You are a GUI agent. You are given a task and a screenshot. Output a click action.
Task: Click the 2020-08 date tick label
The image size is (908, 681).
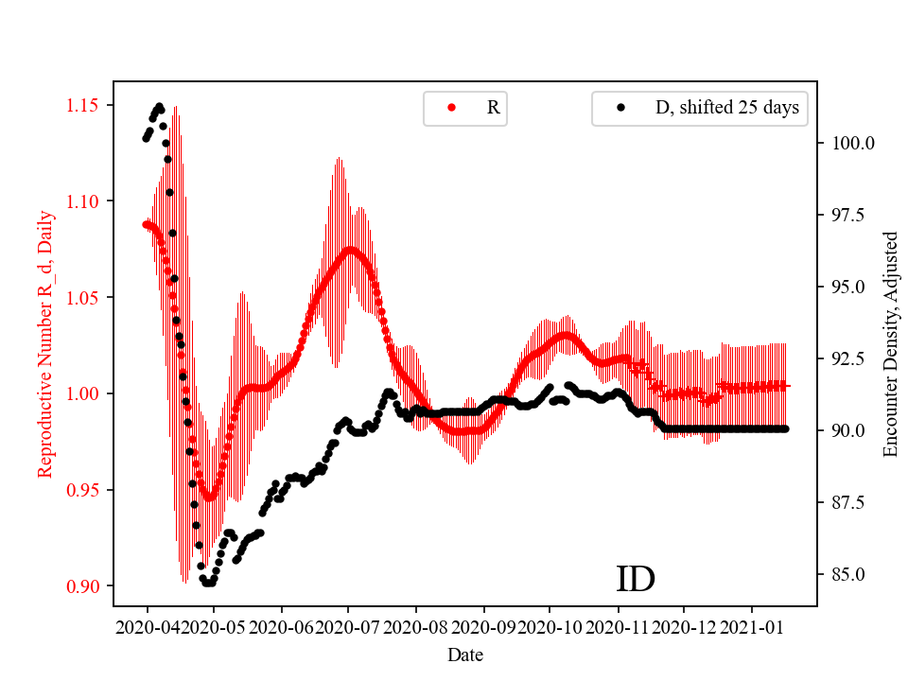click(416, 626)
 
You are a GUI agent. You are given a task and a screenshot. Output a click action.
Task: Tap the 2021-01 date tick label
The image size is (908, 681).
click(752, 626)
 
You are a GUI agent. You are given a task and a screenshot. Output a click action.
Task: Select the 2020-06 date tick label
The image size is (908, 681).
click(282, 626)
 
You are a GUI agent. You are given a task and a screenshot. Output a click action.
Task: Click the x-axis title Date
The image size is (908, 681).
click(465, 654)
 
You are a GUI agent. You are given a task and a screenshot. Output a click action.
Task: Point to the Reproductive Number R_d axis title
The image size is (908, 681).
click(44, 344)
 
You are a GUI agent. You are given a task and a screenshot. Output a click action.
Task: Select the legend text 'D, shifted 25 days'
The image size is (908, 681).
click(726, 108)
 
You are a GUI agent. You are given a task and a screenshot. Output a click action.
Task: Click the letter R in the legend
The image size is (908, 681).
click(493, 108)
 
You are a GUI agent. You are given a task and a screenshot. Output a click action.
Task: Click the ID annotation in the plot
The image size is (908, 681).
click(636, 579)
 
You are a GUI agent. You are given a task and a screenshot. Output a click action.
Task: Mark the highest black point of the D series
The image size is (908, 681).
click(159, 106)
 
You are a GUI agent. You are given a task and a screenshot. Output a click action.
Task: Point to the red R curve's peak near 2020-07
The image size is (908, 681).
click(350, 251)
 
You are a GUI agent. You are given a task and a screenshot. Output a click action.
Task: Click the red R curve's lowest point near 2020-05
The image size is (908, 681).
click(209, 497)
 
